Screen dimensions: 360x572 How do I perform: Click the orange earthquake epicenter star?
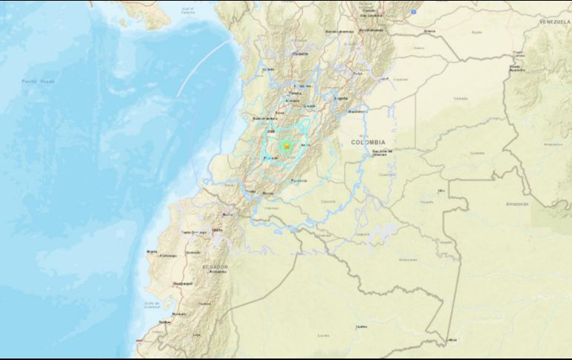pyautogui.click(x=286, y=146)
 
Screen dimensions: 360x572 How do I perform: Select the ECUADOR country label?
pyautogui.click(x=215, y=266)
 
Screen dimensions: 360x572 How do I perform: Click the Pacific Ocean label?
pyautogui.click(x=34, y=81)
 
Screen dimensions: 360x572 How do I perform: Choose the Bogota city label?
pyautogui.click(x=340, y=97)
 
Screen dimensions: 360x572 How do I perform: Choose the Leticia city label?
pyautogui.click(x=451, y=341)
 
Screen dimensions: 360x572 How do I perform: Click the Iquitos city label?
pyautogui.click(x=361, y=326)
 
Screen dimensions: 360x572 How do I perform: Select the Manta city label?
pyautogui.click(x=152, y=252)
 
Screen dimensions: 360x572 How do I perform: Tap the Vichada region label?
pyautogui.click(x=461, y=97)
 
